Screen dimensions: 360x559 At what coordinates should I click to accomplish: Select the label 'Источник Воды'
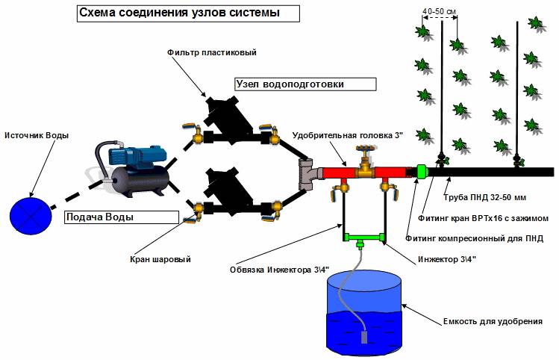tap(36, 135)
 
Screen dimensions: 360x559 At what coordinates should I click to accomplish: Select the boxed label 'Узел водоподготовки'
tap(293, 84)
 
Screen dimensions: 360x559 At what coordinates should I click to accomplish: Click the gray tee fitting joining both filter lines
tap(306, 173)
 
